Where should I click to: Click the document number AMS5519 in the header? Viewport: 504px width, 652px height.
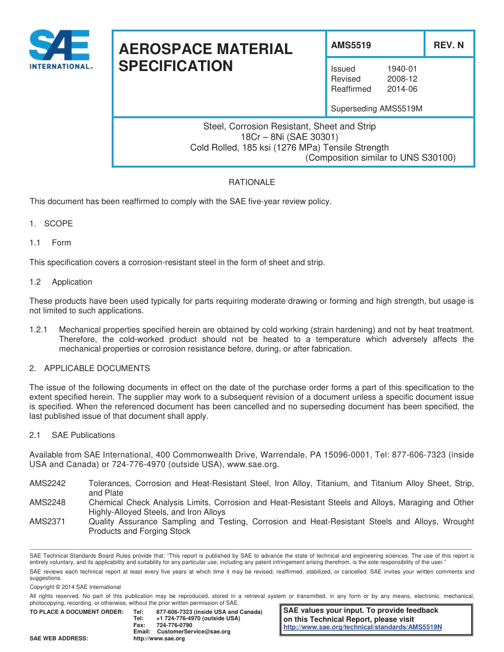click(x=351, y=45)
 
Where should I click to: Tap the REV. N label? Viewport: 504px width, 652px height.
click(x=448, y=45)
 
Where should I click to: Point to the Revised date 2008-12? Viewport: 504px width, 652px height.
click(x=402, y=79)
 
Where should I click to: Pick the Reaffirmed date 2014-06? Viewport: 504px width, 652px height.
click(x=402, y=89)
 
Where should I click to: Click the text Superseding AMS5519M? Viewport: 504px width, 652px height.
click(x=376, y=109)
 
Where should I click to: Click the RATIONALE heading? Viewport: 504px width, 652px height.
click(x=251, y=182)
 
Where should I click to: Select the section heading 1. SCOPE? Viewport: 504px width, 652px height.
click(x=51, y=224)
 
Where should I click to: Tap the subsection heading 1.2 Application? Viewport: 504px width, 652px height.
click(x=61, y=282)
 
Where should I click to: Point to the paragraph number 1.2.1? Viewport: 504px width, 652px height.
click(x=39, y=330)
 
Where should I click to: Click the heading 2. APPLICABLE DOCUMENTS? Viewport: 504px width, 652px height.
click(x=90, y=368)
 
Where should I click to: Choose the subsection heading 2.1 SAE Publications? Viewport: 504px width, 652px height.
click(x=72, y=435)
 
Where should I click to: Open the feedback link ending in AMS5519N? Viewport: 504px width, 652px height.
click(x=363, y=627)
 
